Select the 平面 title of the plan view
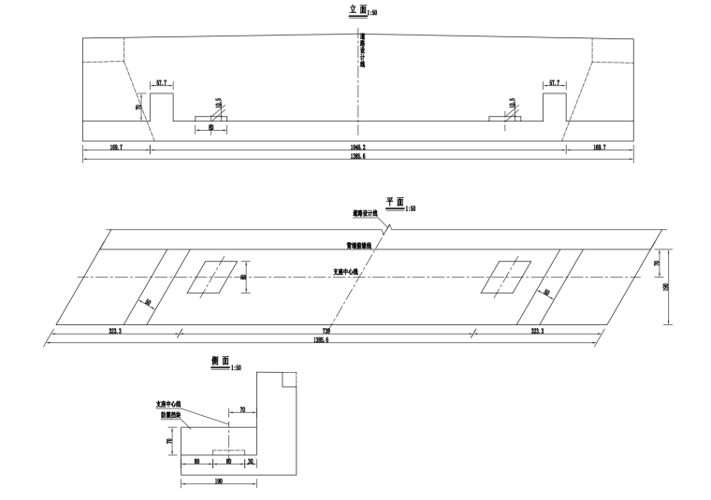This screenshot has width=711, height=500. point(394,202)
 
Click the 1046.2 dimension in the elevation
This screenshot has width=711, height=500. point(358,148)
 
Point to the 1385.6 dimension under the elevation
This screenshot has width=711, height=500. point(358,157)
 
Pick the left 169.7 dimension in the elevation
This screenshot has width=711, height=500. point(116,148)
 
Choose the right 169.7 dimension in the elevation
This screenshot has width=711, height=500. point(599,148)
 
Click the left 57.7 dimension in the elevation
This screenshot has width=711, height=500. point(162,83)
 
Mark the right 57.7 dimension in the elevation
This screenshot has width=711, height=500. point(555,83)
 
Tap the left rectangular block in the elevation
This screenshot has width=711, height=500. point(162,107)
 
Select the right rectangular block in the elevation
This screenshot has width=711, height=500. point(555,107)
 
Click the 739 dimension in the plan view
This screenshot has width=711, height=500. point(327,332)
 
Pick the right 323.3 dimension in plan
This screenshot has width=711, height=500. point(536,332)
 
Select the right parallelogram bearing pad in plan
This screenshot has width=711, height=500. point(506,278)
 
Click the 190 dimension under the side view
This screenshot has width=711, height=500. point(219,481)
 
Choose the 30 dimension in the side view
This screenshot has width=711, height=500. point(251,461)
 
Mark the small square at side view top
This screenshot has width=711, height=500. point(290,379)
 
